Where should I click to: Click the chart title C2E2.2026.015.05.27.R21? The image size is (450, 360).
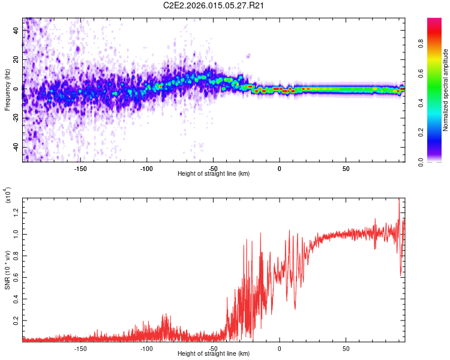[214, 5]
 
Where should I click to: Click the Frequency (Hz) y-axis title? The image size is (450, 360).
[7, 90]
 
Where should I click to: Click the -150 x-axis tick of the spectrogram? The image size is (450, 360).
[80, 167]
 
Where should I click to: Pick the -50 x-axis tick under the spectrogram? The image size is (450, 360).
[213, 167]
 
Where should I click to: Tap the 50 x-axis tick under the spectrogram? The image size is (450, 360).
[346, 167]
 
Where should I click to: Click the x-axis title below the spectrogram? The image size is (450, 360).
[214, 173]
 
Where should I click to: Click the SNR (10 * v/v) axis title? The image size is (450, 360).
[7, 268]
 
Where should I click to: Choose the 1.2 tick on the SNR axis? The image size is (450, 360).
[16, 212]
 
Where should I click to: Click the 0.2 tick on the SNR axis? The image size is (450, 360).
[16, 321]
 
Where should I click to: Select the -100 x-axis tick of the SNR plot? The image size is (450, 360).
[147, 347]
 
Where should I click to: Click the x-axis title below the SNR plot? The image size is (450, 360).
[214, 353]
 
